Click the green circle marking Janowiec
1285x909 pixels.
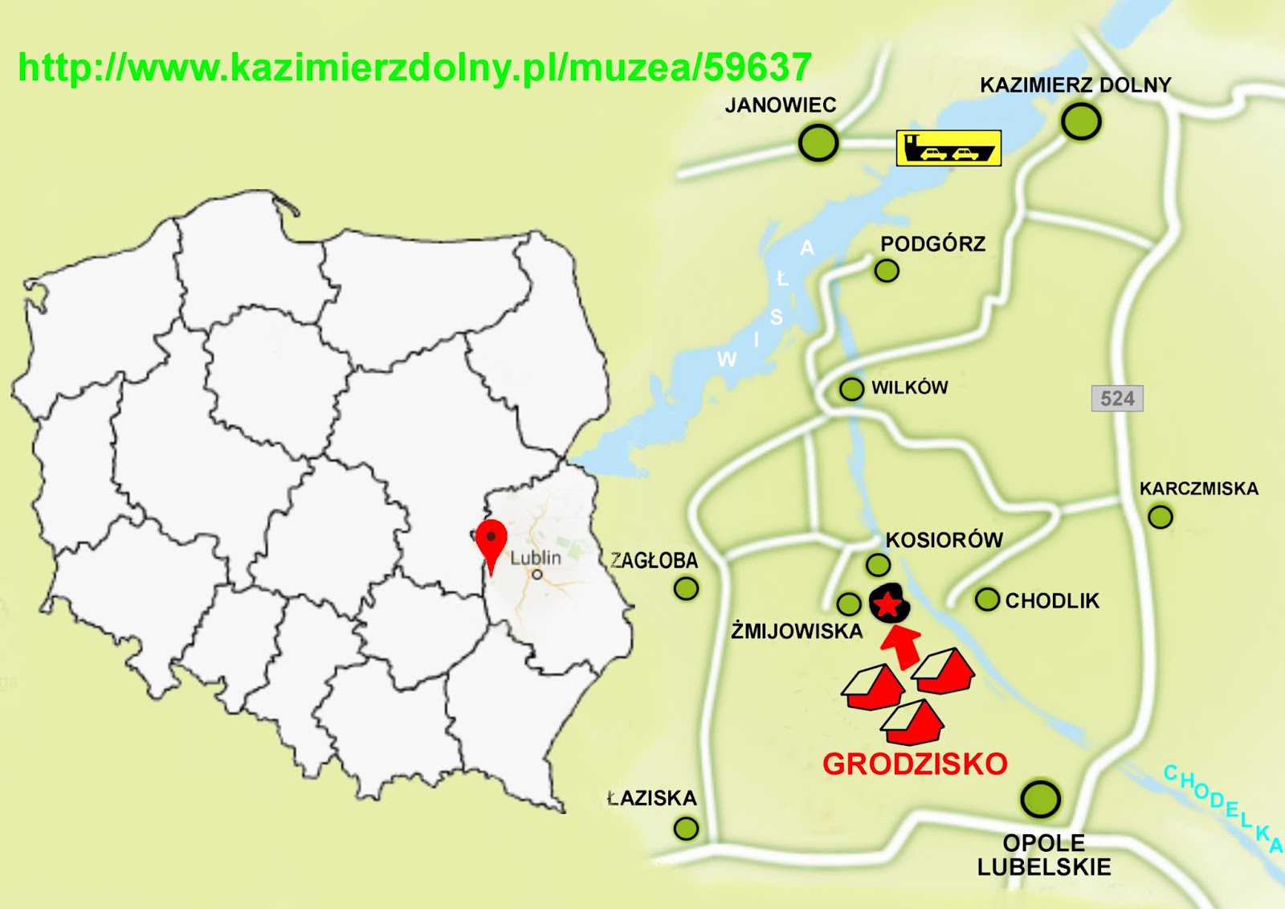tap(818, 144)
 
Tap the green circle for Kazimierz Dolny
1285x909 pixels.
tap(1080, 122)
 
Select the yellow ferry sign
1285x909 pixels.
tap(948, 149)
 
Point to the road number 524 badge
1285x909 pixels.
tap(1117, 399)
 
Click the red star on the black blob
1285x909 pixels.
tap(888, 605)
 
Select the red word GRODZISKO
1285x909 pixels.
tap(915, 764)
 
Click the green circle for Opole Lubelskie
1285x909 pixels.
tap(1040, 799)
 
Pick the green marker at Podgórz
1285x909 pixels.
tap(887, 271)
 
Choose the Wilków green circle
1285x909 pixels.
tap(851, 389)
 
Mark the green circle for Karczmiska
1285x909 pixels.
tap(1160, 517)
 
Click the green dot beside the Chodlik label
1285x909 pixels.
tap(987, 600)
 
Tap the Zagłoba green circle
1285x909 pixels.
tap(686, 589)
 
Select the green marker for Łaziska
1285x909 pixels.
tap(686, 828)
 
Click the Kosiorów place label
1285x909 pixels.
tap(944, 540)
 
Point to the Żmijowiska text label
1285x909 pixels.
tap(797, 632)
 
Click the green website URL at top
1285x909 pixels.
tap(414, 68)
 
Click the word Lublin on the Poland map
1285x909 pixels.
tap(536, 558)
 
